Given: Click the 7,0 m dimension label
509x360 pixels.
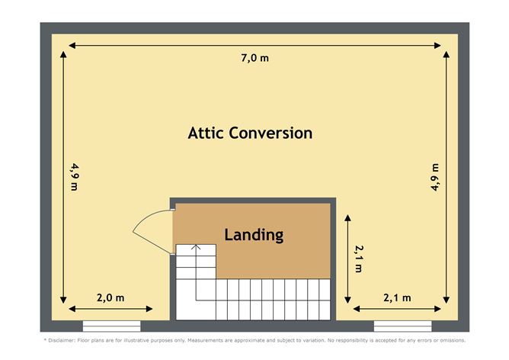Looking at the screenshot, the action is (x=254, y=58).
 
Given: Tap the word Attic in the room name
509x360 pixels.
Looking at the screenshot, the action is (x=206, y=133).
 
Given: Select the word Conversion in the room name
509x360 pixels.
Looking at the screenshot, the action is (x=271, y=133).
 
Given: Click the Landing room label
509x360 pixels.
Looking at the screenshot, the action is (x=254, y=235).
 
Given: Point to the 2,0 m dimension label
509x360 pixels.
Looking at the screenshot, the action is (x=110, y=297).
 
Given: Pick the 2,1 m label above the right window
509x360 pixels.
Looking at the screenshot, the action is (x=397, y=297).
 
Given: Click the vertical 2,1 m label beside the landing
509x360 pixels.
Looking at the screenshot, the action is (x=359, y=259).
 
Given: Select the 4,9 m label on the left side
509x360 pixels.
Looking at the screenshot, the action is (x=75, y=177).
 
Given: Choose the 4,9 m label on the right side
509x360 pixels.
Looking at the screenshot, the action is (x=435, y=177).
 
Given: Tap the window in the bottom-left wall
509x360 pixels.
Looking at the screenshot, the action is (x=112, y=326).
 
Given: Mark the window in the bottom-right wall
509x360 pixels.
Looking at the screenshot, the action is (x=402, y=326).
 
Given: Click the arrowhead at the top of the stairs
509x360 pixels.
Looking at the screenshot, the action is (x=196, y=247).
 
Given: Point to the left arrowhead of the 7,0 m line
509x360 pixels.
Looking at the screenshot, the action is (x=72, y=46).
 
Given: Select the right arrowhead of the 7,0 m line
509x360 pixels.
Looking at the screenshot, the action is (x=437, y=46).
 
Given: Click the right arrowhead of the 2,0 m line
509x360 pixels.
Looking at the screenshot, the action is (x=149, y=309).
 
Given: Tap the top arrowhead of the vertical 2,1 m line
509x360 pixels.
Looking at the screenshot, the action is (x=347, y=217).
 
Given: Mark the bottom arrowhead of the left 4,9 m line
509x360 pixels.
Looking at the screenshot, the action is (x=63, y=300).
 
